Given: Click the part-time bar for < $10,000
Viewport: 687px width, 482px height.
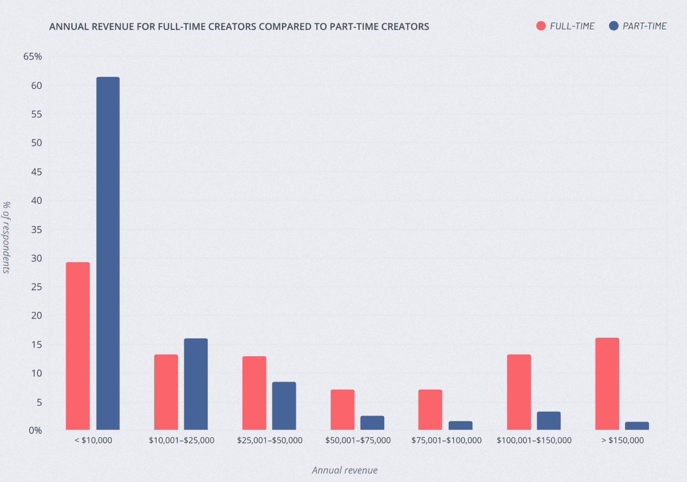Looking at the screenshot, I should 108,253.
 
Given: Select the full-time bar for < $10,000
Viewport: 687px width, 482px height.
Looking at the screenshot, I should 78,346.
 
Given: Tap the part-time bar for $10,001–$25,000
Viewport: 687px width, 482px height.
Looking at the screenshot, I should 196,384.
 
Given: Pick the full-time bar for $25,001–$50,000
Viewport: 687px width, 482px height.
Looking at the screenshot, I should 254,393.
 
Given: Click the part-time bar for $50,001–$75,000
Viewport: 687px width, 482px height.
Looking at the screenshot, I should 372,423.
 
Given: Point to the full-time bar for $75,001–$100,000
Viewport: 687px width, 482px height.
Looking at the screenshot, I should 430,409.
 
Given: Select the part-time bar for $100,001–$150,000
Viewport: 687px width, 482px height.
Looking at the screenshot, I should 549,421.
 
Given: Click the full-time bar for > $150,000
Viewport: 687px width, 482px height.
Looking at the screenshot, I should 607,384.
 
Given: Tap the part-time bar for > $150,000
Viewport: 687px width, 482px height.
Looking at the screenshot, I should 637,426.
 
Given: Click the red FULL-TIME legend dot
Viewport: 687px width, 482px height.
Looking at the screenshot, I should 541,26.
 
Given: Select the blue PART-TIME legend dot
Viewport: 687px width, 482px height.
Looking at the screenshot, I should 614,26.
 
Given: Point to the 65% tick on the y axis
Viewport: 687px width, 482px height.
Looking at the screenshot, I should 33,56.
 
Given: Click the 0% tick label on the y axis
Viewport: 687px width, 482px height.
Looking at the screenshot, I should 35,431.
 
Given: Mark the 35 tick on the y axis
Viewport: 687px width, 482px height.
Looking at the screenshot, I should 37,230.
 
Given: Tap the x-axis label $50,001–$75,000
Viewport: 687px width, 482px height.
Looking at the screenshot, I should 358,440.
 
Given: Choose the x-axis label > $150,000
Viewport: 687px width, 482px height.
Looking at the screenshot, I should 622,440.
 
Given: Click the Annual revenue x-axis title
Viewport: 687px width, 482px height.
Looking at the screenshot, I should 344,470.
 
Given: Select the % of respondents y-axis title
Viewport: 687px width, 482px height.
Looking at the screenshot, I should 6,237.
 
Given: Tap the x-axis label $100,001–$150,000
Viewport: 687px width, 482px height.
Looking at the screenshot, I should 534,440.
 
